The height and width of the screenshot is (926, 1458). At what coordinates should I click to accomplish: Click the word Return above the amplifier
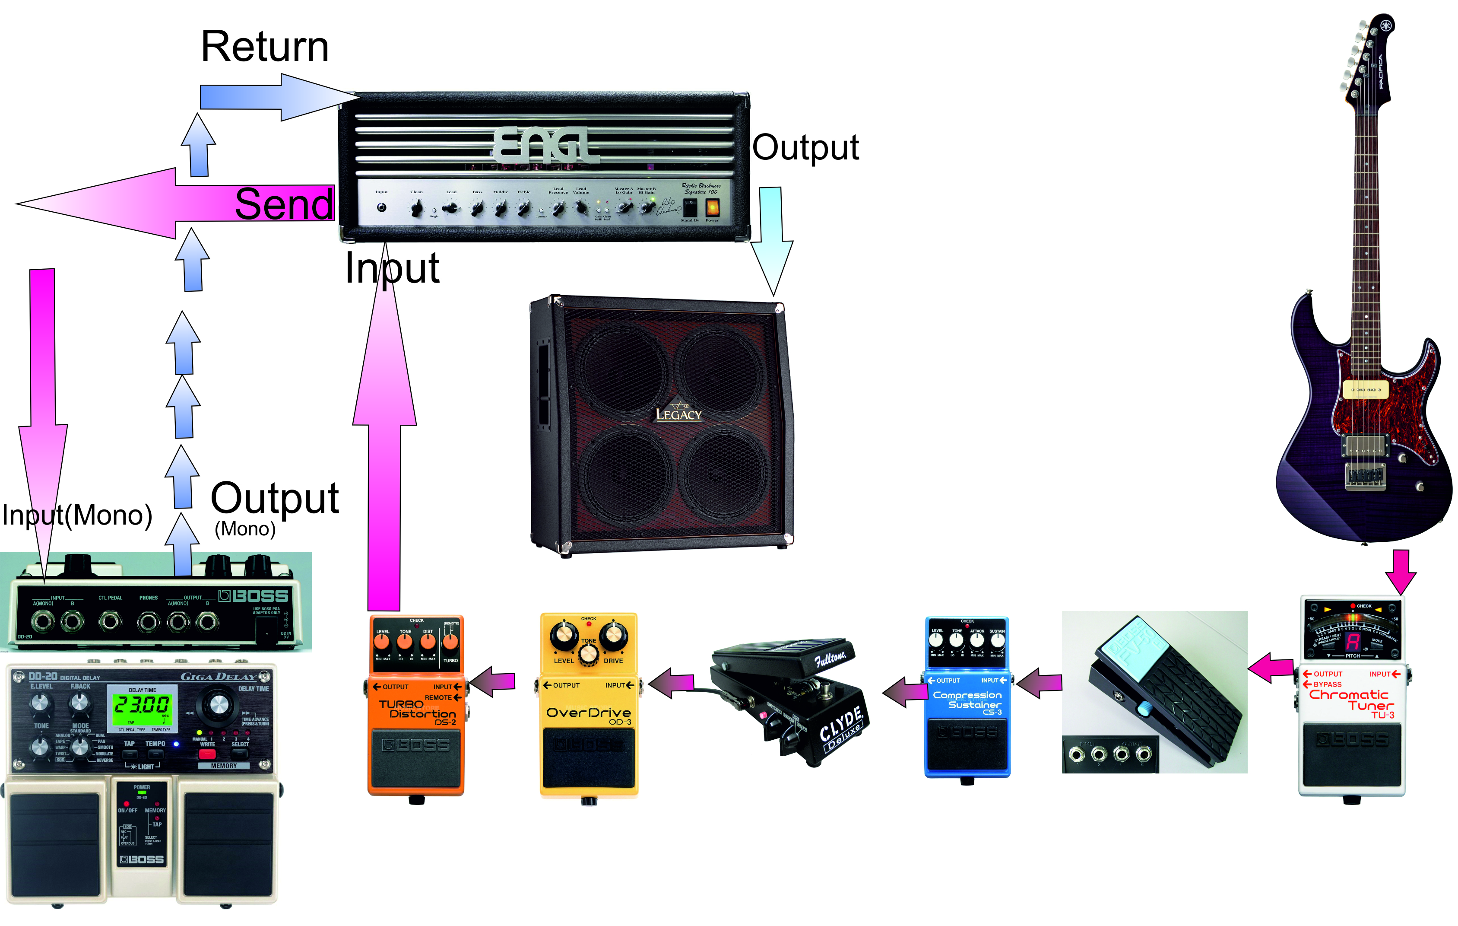(x=265, y=47)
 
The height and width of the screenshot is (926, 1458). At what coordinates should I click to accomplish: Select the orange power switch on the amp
(x=713, y=208)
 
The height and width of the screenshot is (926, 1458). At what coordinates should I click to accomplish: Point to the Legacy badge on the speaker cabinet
(x=679, y=413)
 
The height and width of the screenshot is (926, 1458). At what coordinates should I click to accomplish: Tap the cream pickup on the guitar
(x=1365, y=389)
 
